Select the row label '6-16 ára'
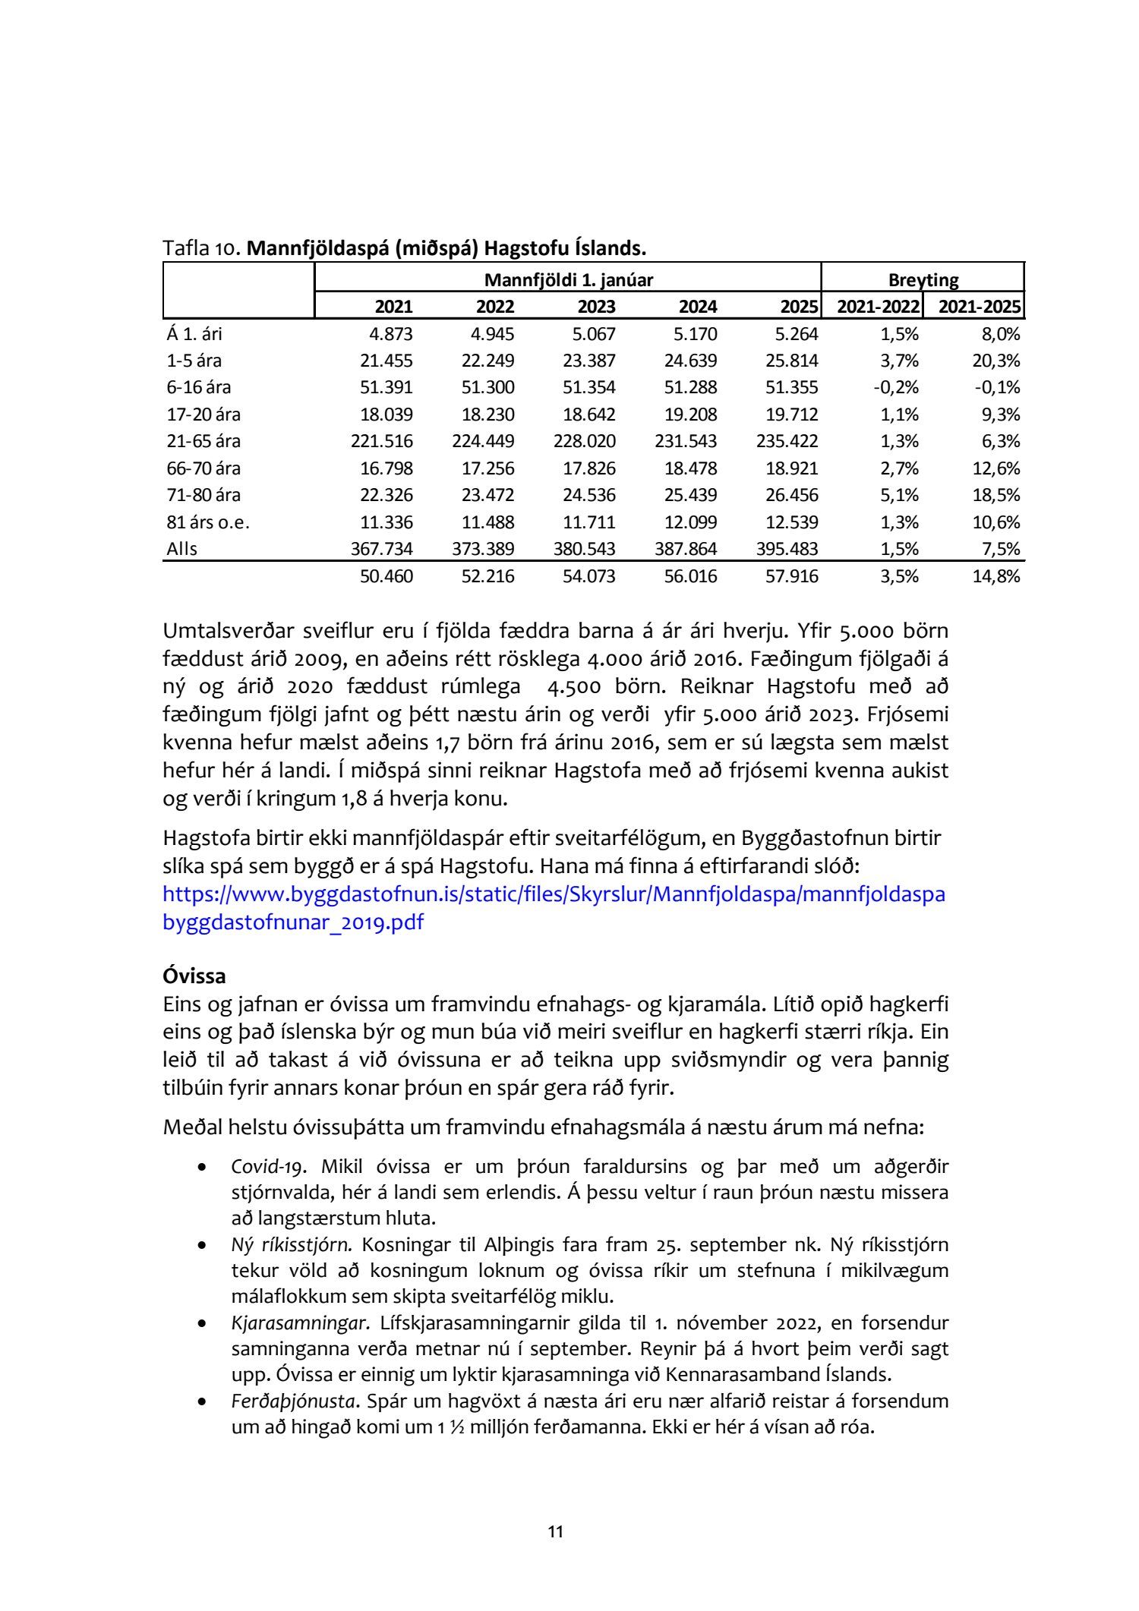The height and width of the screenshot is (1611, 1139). [x=199, y=387]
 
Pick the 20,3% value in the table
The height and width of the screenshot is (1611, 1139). [x=995, y=361]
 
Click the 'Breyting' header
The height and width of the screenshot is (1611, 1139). [x=923, y=280]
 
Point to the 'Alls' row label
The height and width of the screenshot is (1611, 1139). [x=182, y=548]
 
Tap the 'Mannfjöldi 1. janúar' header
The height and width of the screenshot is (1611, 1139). [x=568, y=280]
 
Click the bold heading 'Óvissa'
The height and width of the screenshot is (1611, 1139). [x=194, y=976]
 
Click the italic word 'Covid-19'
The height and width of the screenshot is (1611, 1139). [x=263, y=1166]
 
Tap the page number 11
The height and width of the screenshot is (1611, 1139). [x=556, y=1532]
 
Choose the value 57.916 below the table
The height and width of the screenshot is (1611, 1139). [x=792, y=576]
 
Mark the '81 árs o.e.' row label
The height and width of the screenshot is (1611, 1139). [x=208, y=522]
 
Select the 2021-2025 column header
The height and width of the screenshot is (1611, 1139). [x=979, y=307]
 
